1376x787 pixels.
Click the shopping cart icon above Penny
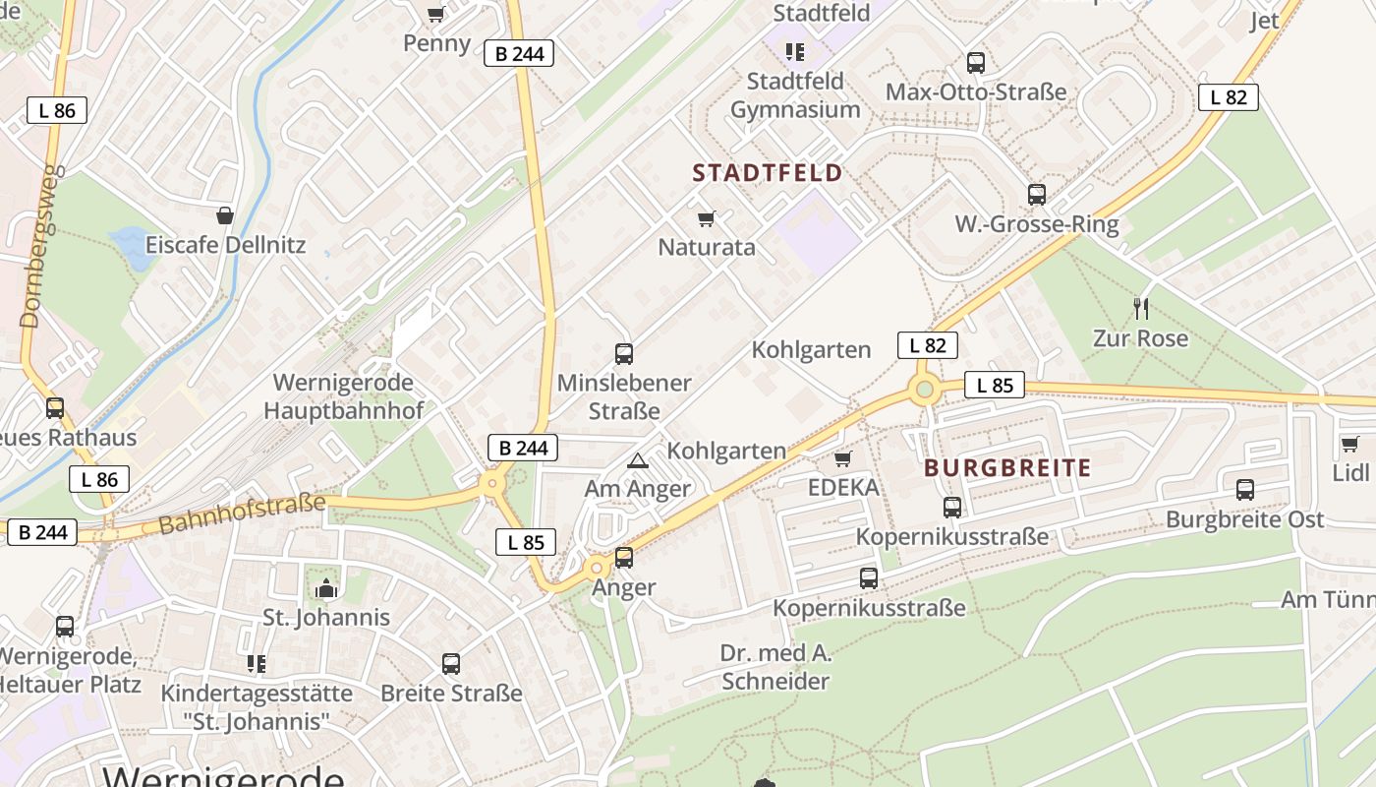(436, 14)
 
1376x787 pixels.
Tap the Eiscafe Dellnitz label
(225, 245)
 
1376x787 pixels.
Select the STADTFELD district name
(768, 173)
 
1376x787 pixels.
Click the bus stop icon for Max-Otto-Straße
(976, 63)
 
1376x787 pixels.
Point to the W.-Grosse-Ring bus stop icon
(1037, 195)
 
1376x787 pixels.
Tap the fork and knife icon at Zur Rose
(1141, 308)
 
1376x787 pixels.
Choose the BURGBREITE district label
(1007, 468)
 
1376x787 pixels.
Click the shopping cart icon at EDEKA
(842, 459)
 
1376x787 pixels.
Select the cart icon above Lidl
(1350, 445)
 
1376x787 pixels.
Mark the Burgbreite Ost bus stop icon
(1245, 490)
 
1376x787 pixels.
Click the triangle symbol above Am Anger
(638, 460)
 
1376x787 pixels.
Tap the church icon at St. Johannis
(326, 589)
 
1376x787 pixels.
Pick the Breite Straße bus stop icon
(451, 664)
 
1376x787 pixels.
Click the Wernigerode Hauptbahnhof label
(342, 396)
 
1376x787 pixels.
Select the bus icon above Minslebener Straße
(624, 354)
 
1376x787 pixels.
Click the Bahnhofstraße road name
(241, 515)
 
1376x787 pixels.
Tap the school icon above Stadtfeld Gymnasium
(794, 51)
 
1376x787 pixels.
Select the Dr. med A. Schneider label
(775, 667)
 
